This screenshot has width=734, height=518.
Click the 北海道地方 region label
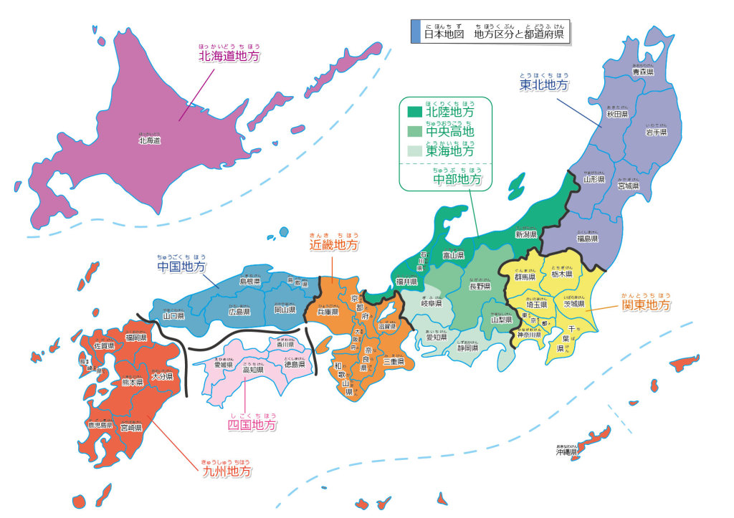pos(229,56)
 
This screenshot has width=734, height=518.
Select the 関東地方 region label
pos(646,305)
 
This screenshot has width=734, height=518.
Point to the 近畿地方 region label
pos(334,245)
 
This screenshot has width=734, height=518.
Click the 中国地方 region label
pos(181,267)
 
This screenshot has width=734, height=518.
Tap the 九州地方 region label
pos(227,472)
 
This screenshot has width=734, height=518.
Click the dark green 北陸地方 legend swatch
pos(415,112)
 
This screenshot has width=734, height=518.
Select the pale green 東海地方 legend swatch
pos(415,151)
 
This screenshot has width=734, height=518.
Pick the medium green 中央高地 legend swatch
pos(415,132)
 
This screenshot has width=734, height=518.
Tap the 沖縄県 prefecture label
pos(566,453)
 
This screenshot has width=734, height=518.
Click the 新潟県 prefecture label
pos(526,234)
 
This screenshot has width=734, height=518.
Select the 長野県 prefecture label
pos(480,286)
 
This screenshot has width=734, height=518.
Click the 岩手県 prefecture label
pos(655,133)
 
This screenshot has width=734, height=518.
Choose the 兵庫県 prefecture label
pos(327,312)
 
